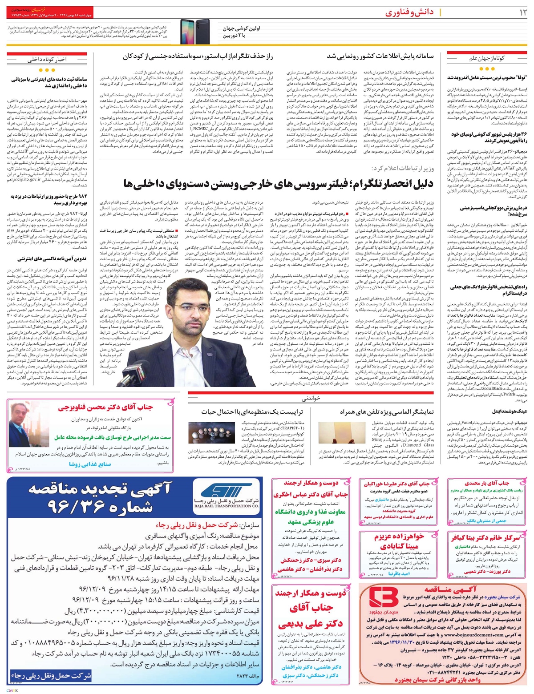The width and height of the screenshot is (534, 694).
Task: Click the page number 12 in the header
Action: tap(519, 12)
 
